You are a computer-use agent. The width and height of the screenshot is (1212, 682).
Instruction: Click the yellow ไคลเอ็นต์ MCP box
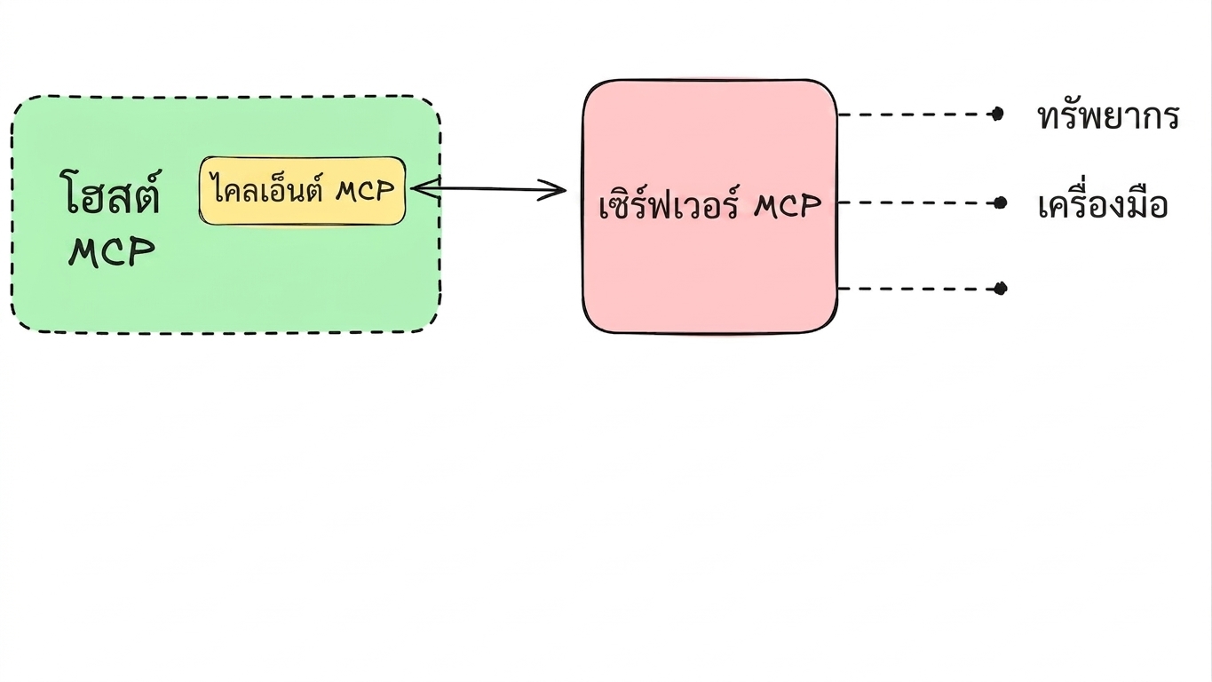coord(302,191)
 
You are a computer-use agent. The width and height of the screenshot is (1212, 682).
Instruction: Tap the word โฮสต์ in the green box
coord(111,192)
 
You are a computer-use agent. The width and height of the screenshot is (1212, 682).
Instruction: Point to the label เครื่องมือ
coord(1103,204)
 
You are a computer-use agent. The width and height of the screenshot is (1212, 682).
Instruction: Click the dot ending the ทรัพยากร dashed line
coord(997,115)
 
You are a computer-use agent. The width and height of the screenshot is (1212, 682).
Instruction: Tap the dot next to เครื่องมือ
coord(1000,203)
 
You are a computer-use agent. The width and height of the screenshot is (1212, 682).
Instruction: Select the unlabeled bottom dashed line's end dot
coord(1001,289)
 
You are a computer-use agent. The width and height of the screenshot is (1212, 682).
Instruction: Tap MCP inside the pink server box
coord(788,206)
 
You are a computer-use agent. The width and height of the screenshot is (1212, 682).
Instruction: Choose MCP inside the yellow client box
coord(365,191)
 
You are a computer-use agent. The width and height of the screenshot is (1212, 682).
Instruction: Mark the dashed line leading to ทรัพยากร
coord(918,115)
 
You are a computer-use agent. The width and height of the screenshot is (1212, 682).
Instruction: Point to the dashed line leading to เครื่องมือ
coord(919,203)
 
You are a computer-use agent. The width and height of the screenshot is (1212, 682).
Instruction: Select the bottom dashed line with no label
coord(919,289)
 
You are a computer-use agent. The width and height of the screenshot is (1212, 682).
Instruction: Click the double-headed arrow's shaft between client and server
coord(488,189)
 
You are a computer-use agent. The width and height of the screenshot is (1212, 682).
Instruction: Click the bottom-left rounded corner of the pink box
coord(593,322)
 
